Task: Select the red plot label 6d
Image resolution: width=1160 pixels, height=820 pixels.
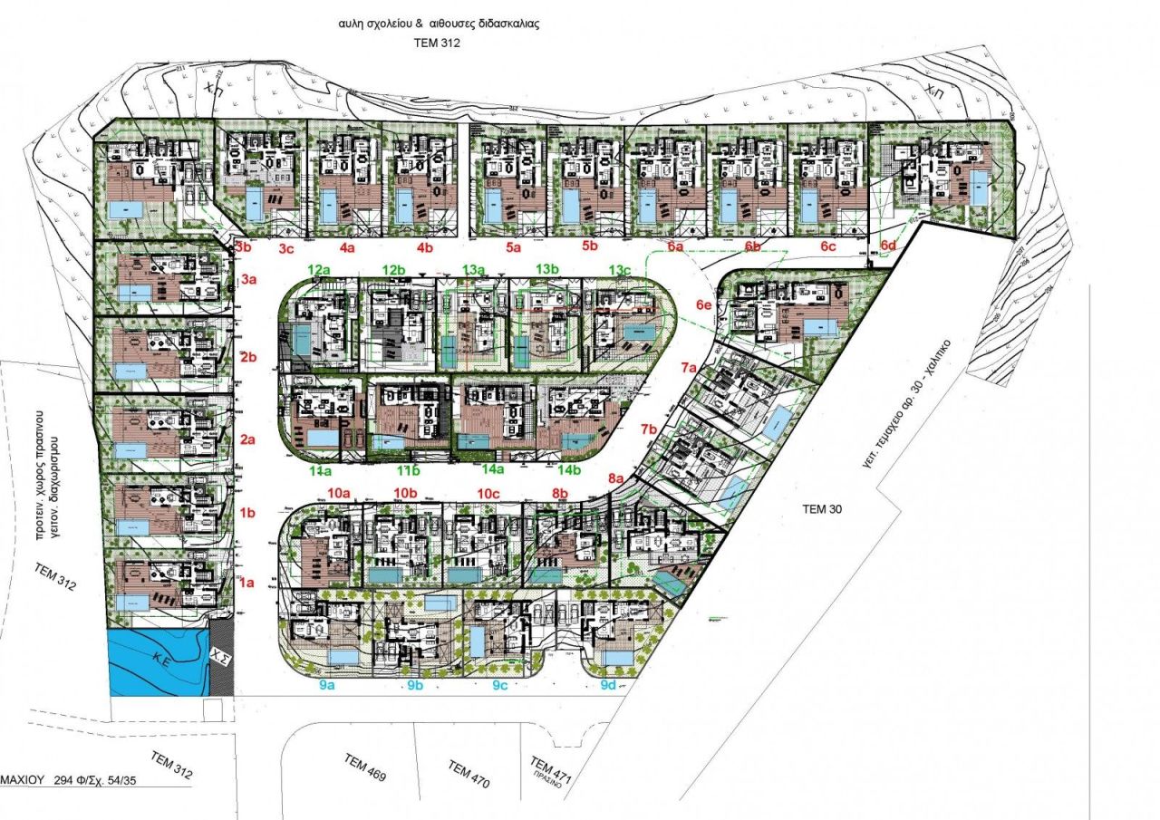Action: point(891,246)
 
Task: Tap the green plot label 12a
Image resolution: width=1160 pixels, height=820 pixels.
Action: point(319,270)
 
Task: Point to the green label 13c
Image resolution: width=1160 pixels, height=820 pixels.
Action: point(620,270)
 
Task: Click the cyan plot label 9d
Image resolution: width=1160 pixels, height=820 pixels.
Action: point(607,685)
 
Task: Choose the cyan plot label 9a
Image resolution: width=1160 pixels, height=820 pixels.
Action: point(327,685)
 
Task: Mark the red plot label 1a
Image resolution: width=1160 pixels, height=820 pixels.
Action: point(246,584)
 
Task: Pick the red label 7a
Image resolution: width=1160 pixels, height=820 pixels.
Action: point(689,369)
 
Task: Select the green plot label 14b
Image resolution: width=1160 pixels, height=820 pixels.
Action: point(569,469)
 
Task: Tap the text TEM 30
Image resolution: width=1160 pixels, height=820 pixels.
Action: point(822,509)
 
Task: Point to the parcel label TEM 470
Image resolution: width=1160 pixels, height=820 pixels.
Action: point(468,775)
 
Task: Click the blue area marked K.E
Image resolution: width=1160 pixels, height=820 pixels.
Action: point(156,661)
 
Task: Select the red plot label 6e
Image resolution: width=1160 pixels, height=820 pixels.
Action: point(703,304)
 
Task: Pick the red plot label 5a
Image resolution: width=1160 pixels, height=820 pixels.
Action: point(515,246)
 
